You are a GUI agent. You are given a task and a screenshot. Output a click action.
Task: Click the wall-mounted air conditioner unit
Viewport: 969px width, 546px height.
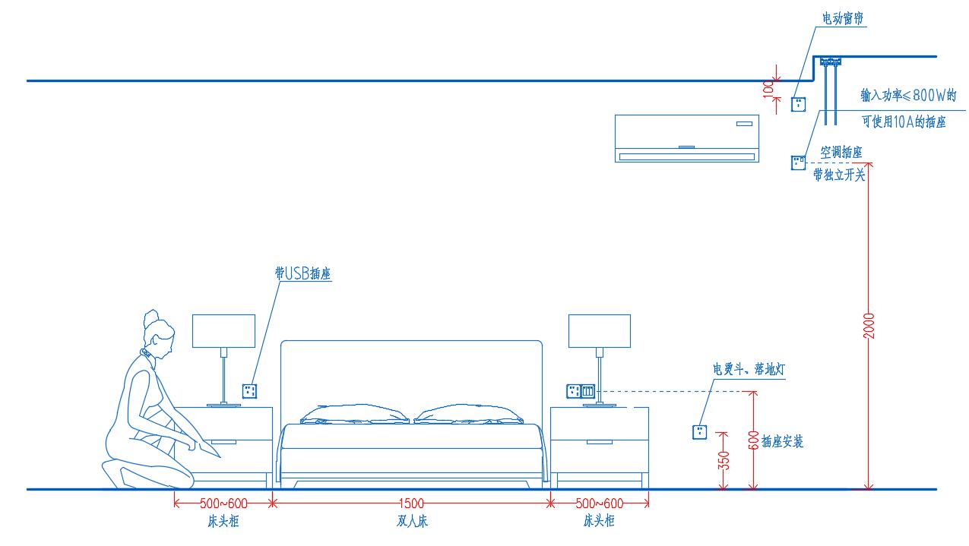click(687, 137)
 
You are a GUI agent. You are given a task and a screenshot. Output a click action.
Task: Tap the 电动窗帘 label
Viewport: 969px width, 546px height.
click(842, 19)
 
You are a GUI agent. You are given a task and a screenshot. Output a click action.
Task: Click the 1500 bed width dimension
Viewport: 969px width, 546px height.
click(411, 503)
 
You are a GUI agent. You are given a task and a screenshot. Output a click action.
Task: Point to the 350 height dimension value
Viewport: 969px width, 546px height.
click(724, 460)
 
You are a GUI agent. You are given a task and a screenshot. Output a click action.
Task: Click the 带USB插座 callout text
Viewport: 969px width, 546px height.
click(302, 274)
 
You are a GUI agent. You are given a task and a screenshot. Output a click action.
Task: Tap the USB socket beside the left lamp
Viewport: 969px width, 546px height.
click(249, 391)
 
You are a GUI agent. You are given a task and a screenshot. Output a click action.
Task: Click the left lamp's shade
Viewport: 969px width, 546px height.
click(223, 330)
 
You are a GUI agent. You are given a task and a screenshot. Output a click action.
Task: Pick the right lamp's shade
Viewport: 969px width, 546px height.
click(600, 330)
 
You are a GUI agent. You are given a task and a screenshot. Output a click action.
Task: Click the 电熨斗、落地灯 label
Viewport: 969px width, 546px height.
click(748, 370)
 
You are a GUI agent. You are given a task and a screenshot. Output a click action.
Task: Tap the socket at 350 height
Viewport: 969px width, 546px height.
click(699, 432)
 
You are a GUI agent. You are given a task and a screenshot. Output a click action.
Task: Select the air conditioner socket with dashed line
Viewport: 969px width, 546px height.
click(798, 163)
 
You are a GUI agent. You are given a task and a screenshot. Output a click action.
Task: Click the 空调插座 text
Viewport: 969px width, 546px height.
click(841, 153)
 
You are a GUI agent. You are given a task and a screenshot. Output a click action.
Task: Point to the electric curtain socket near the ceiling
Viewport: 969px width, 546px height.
click(798, 104)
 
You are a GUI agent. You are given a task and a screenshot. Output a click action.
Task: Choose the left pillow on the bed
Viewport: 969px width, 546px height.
click(354, 415)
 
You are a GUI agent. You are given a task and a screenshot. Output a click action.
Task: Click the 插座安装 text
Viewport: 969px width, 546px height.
click(782, 441)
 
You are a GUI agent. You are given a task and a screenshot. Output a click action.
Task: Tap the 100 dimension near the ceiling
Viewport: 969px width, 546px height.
click(768, 88)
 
